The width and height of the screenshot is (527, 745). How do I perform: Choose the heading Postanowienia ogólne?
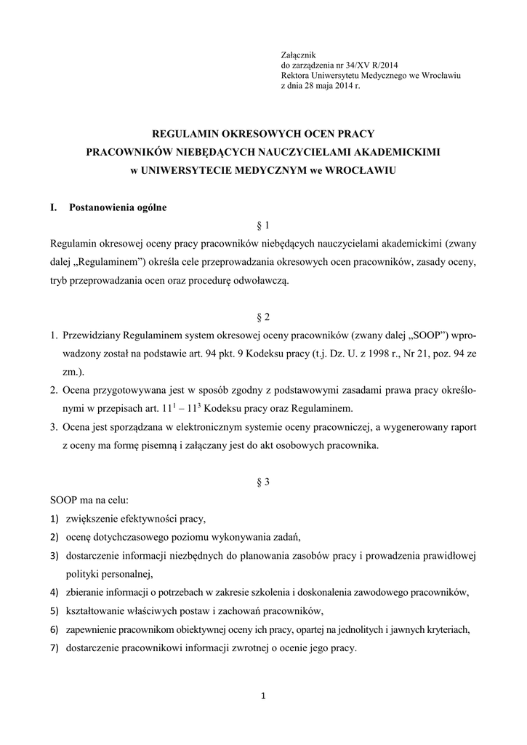pyautogui.click(x=118, y=207)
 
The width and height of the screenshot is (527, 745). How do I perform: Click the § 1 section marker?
pyautogui.click(x=264, y=226)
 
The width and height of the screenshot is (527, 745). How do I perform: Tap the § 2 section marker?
pyautogui.click(x=264, y=317)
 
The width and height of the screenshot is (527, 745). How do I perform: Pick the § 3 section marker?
pyautogui.click(x=264, y=482)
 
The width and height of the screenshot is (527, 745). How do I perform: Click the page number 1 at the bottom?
pyautogui.click(x=264, y=696)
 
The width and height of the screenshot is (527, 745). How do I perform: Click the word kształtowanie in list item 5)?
pyautogui.click(x=97, y=610)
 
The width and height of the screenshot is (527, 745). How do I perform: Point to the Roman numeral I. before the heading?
pyautogui.click(x=53, y=207)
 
